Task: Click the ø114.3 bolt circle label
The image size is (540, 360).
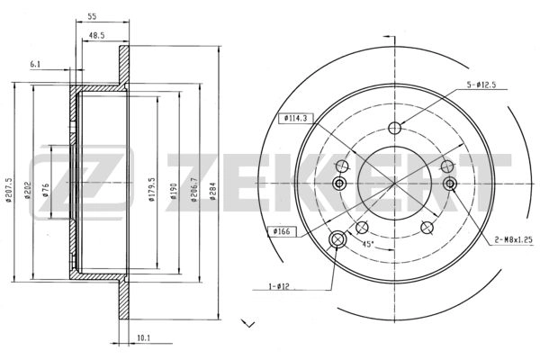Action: click(295, 117)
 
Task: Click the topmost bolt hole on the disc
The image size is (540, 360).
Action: click(394, 127)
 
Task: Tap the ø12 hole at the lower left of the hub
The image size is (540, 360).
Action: click(339, 239)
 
